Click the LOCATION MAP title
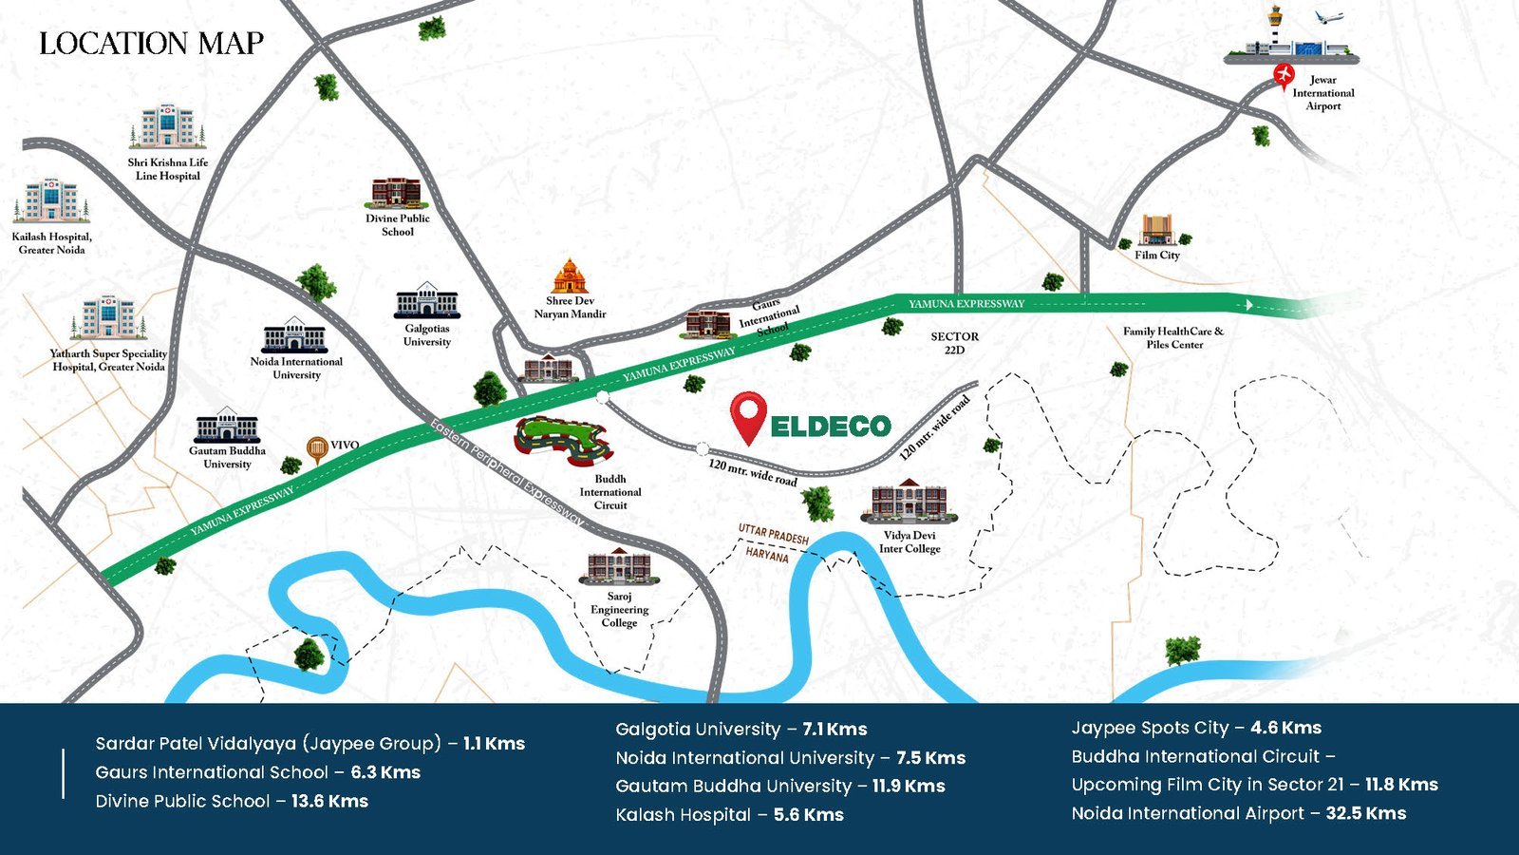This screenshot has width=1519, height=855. click(x=151, y=44)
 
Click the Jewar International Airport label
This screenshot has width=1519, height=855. click(x=1322, y=93)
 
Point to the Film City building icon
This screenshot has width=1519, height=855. click(x=1156, y=230)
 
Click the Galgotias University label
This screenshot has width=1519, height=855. click(x=427, y=335)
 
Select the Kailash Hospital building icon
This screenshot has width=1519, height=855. click(x=51, y=200)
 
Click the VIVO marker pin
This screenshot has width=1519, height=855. click(x=316, y=448)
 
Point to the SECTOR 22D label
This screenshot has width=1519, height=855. click(x=954, y=343)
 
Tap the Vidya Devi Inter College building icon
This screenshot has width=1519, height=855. click(x=909, y=502)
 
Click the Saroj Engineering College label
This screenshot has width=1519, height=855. click(x=619, y=609)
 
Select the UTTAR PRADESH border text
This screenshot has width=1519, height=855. click(x=773, y=535)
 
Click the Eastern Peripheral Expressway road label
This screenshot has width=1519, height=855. click(x=506, y=472)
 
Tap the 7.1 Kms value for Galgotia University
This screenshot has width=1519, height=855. click(x=835, y=730)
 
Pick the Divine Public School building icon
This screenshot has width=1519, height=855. click(x=397, y=193)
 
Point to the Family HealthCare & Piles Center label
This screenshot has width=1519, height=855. click(x=1173, y=337)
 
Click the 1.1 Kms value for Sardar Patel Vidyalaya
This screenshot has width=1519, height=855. click(x=494, y=744)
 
